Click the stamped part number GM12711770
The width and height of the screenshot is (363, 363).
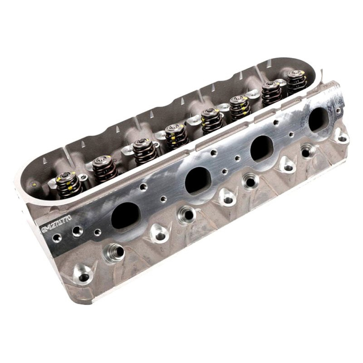(x=57, y=224)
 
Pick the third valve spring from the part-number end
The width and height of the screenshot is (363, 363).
(x=144, y=151)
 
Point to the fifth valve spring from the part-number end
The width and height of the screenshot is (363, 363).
(x=212, y=120)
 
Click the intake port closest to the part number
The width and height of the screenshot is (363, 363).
(x=125, y=215)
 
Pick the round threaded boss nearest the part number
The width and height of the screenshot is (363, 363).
(x=114, y=252)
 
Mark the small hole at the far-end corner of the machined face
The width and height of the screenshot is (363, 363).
(x=339, y=111)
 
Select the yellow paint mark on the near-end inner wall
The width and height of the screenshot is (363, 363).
(x=34, y=184)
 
